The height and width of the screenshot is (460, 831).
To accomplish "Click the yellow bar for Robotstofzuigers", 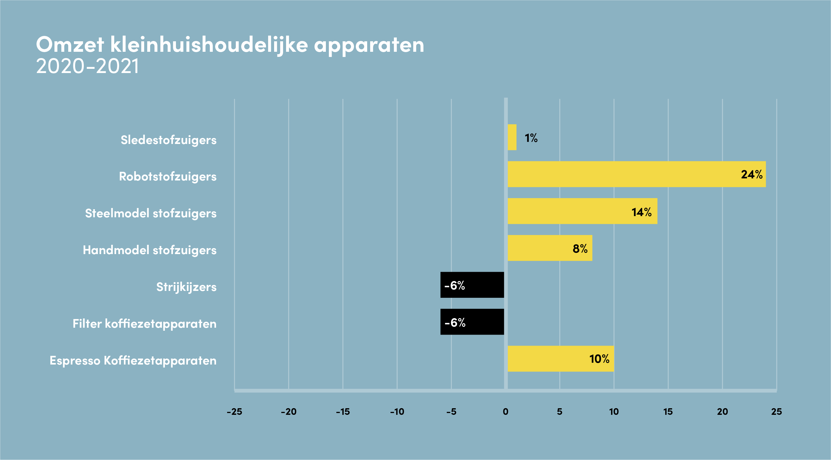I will point(636,174).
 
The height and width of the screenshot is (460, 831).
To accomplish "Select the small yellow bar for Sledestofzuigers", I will point(512,137).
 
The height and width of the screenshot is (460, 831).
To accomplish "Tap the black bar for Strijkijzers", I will point(472,285).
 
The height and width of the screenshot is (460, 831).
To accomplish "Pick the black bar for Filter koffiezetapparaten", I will point(472,322).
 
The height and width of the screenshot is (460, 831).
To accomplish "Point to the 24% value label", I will point(752,174).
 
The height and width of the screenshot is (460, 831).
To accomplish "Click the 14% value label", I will point(641,212).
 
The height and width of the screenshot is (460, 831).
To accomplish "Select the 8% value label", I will point(580,249).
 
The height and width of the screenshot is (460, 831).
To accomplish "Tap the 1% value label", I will point(531,138).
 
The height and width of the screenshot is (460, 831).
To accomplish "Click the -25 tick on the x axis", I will point(235,412).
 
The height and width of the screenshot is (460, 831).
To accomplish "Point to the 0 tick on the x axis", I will point(505,412).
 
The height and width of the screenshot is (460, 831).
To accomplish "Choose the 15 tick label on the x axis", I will point(668,412).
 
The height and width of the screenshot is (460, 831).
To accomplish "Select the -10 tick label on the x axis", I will point(397,412).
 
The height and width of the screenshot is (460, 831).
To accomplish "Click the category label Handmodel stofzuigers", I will point(150,250).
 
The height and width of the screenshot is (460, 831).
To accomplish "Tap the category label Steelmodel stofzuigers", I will point(151,213).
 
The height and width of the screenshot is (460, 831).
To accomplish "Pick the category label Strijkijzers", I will point(186,287).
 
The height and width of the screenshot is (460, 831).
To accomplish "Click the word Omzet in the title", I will point(70,45).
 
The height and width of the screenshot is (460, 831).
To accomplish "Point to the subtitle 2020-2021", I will point(87,66).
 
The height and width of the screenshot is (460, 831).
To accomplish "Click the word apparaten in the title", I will point(369,45).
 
